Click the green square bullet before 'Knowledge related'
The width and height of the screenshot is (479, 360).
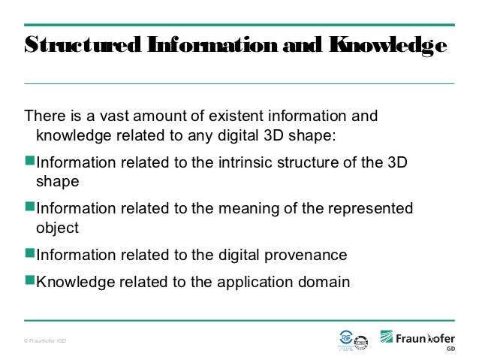(30, 281)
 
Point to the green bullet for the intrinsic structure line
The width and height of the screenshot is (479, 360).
(30, 162)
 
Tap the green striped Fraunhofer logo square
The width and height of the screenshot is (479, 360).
(388, 337)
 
